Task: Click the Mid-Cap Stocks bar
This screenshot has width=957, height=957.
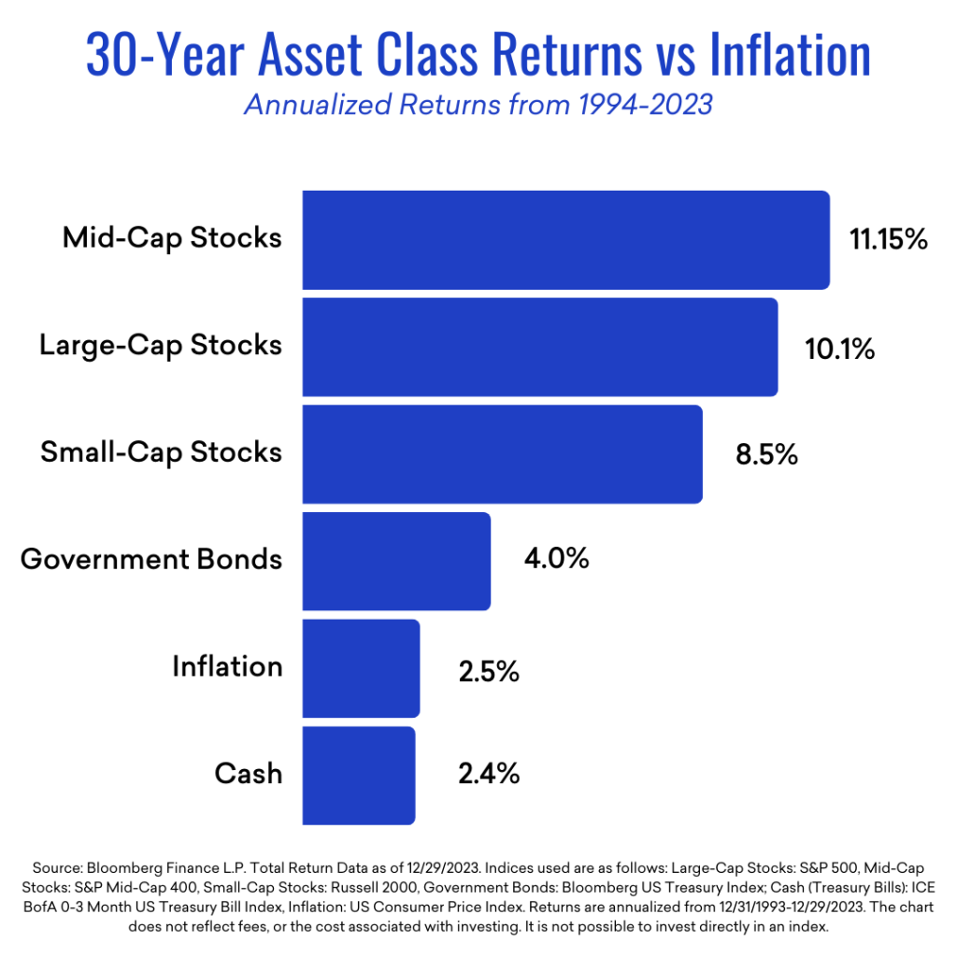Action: (565, 240)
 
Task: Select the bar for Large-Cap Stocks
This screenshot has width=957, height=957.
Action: (540, 348)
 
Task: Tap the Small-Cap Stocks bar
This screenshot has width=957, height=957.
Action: (502, 454)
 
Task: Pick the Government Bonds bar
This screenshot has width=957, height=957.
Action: (396, 561)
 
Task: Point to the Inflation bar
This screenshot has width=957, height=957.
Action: (361, 668)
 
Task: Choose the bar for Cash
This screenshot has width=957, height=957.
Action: (359, 775)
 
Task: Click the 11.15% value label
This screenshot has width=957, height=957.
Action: (889, 238)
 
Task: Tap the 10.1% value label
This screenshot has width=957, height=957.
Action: (840, 349)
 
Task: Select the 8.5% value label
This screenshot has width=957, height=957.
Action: (766, 455)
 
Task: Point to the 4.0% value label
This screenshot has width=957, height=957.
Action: (557, 558)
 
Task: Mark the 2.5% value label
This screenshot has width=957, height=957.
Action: (489, 671)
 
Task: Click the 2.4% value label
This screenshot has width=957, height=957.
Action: (489, 773)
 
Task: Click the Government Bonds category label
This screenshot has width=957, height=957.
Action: (151, 559)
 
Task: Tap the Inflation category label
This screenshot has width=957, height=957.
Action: (227, 665)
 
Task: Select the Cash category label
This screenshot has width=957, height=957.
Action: (249, 773)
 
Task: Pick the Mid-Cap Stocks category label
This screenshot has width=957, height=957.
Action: (172, 238)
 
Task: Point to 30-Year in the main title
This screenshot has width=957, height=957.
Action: (165, 55)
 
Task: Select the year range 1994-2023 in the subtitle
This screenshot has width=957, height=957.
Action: (646, 105)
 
